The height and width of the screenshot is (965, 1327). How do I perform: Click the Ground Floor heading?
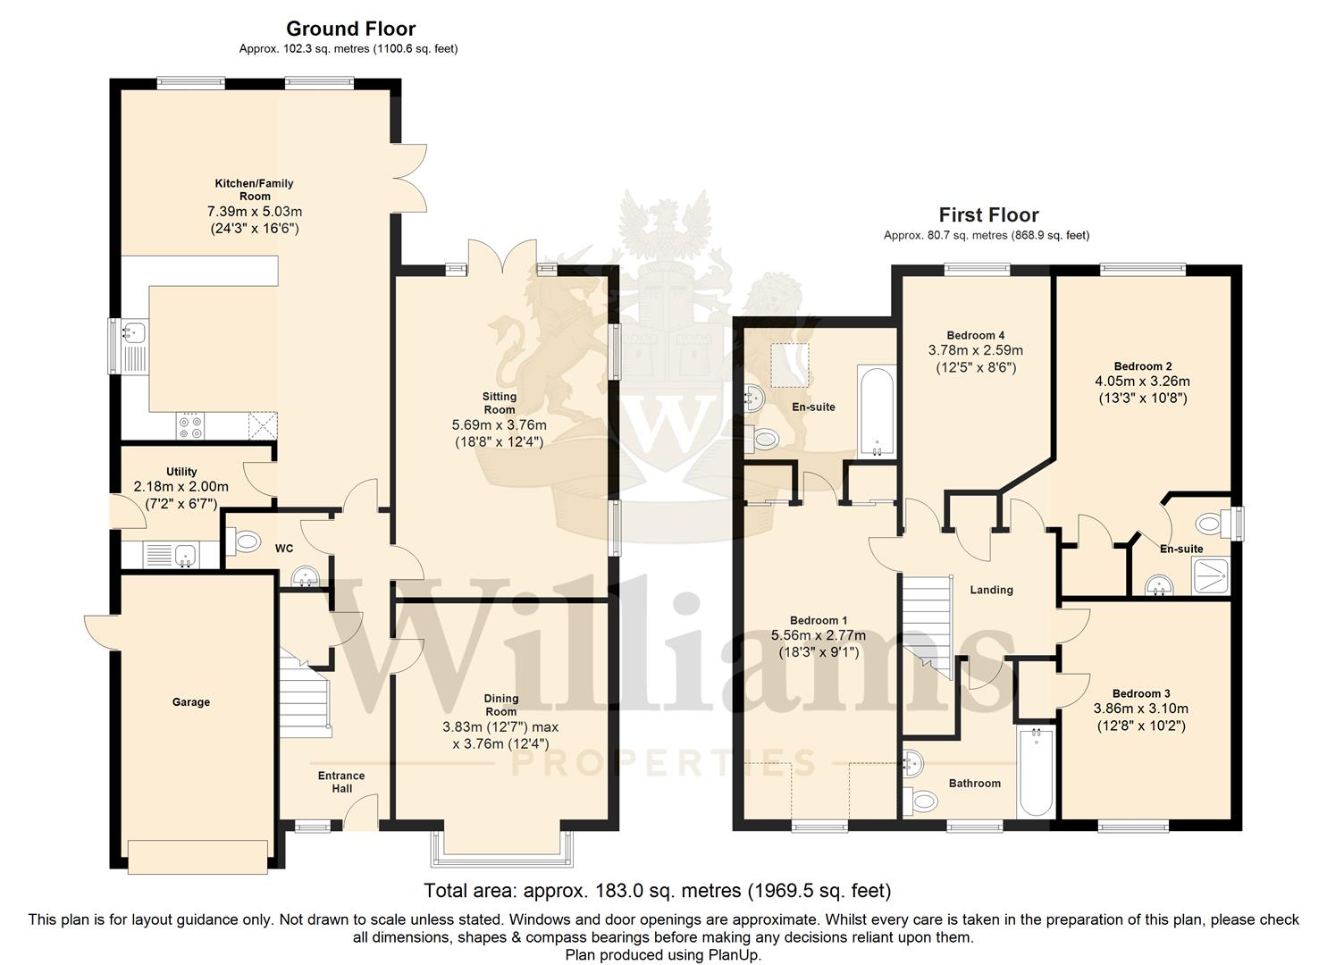[x=350, y=29]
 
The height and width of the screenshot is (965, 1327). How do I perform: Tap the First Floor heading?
[x=988, y=214]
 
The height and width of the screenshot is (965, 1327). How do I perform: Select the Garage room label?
[x=190, y=702]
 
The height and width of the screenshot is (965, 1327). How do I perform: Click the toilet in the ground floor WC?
[x=243, y=541]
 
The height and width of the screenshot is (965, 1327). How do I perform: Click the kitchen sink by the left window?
[x=135, y=347]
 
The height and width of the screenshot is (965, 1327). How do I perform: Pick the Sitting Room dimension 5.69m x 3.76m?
[x=499, y=424]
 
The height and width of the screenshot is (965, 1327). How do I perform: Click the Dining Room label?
[x=501, y=705]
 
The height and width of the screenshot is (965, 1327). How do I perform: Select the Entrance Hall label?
[x=341, y=782]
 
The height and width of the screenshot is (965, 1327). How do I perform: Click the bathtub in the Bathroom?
[x=1036, y=772]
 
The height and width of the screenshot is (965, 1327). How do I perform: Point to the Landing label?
[x=991, y=590]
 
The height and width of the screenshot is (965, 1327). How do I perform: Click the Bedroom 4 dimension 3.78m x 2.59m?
[x=976, y=350]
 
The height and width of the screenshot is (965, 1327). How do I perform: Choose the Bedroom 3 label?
[x=1141, y=693]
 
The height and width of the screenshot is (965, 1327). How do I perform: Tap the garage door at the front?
[x=197, y=857]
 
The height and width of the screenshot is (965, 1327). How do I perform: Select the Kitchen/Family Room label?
[x=254, y=189]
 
